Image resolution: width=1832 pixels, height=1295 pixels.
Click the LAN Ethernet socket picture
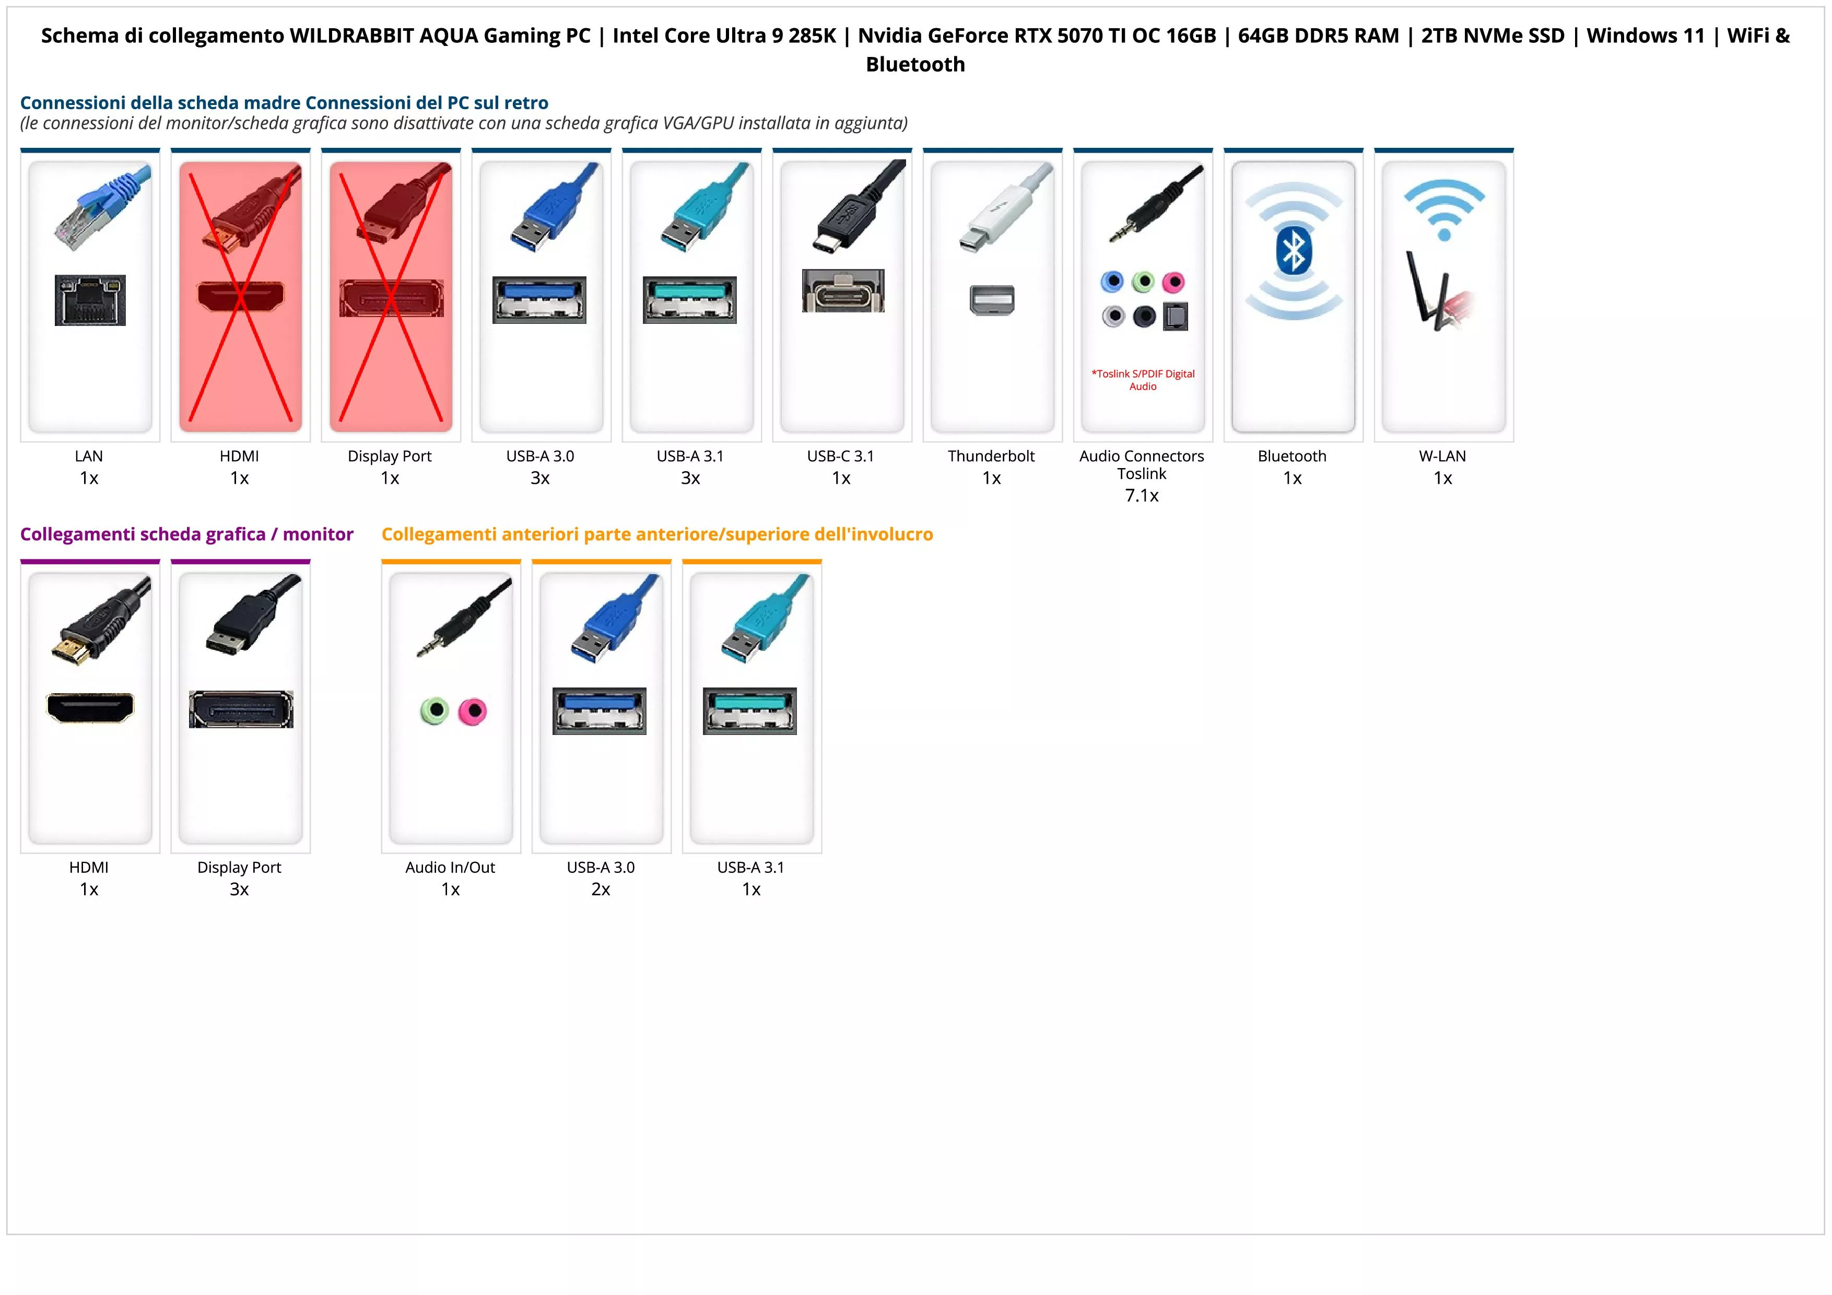click(90, 300)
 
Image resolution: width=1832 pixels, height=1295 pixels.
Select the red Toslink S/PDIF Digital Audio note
click(1143, 380)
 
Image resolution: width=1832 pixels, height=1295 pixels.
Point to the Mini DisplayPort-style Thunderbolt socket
click(992, 300)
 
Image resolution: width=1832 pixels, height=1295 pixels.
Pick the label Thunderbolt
click(991, 457)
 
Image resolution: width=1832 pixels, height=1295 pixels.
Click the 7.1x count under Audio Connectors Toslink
click(1142, 496)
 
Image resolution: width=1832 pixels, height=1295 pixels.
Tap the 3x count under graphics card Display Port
click(239, 889)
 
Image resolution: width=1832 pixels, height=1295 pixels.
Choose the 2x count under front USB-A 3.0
click(601, 889)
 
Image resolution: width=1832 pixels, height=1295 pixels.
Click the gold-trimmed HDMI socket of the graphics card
click(90, 707)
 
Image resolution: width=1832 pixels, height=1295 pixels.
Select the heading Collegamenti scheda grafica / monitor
click(187, 534)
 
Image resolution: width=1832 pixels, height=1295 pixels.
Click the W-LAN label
click(1442, 457)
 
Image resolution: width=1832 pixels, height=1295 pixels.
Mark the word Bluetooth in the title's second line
click(915, 65)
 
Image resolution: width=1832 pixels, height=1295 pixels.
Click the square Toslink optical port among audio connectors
click(1176, 317)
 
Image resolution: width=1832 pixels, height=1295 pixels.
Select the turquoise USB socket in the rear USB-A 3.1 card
click(690, 299)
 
